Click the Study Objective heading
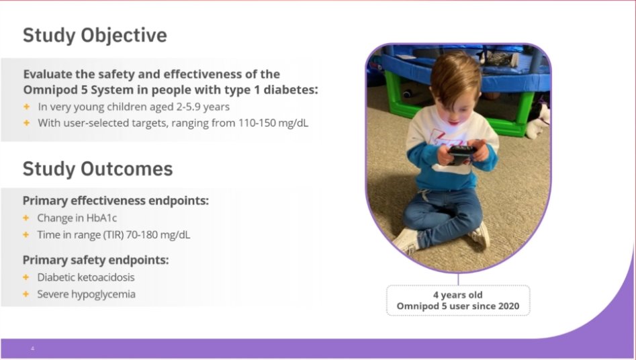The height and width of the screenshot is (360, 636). pos(95,35)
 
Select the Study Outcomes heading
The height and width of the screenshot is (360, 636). pos(97,169)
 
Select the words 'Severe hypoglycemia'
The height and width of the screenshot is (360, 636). pos(86,294)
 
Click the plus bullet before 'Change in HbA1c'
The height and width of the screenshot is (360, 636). pos(26,218)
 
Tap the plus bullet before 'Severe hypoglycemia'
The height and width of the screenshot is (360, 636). pos(26,294)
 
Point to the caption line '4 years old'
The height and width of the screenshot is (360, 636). pos(457,295)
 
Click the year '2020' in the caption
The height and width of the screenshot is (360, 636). pos(516,307)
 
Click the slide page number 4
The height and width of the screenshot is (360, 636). pos(32,349)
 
